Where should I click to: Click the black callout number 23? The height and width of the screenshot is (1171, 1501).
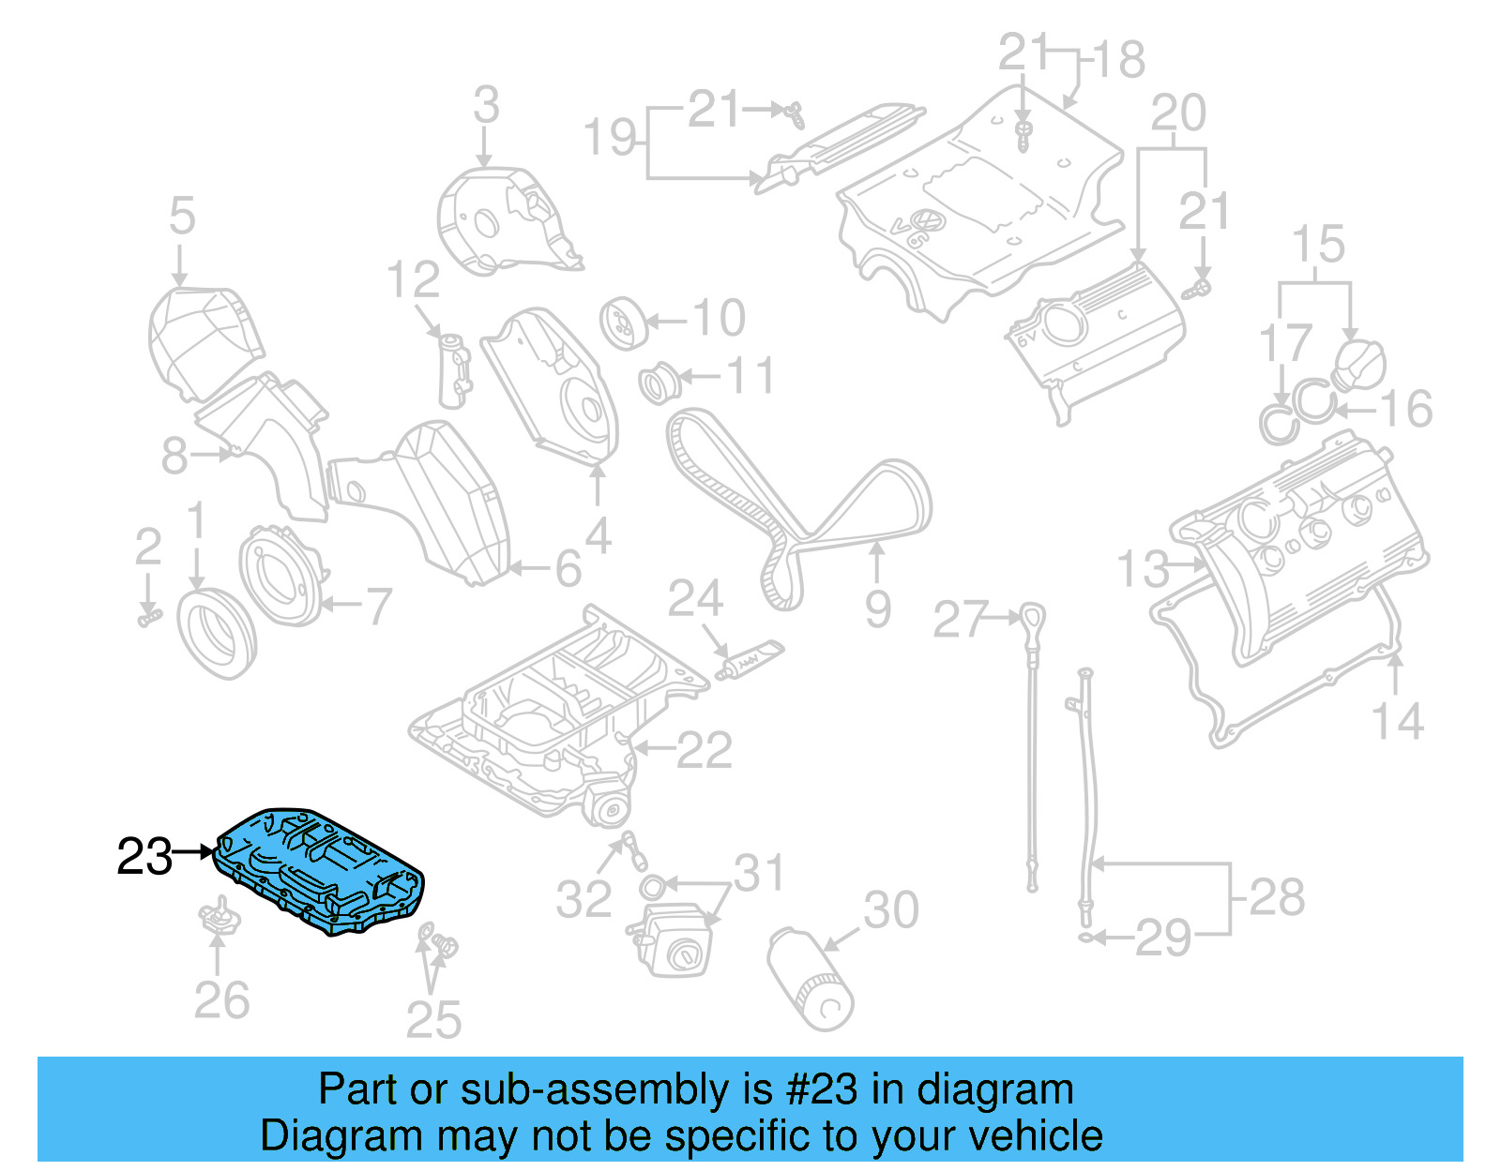click(144, 857)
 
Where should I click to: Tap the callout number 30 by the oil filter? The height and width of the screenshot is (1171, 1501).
click(890, 910)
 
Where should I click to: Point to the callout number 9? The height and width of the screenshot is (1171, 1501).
click(877, 609)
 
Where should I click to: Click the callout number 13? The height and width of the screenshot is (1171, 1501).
click(1144, 569)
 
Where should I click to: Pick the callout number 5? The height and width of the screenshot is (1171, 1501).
click(182, 217)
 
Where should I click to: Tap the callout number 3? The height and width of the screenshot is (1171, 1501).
click(486, 105)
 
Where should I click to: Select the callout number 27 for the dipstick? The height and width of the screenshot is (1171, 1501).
click(961, 620)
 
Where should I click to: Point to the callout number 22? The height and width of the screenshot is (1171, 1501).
click(704, 751)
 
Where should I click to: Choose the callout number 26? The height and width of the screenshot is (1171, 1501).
click(221, 1000)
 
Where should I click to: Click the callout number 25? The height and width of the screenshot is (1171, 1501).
click(433, 1020)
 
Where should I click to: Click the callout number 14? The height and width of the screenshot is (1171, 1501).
click(1397, 722)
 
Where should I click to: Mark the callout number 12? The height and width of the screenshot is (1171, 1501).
click(413, 280)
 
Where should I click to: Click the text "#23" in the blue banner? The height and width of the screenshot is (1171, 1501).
click(822, 1089)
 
